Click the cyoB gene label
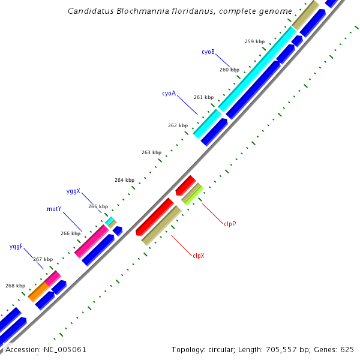coord(208,52)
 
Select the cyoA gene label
coord(169,94)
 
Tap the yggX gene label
coord(73,191)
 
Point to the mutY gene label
coord(54,209)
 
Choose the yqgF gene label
coord(16,247)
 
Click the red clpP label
coord(230,224)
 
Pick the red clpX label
coord(199,256)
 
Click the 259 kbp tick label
coord(254,42)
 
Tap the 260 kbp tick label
coord(229,70)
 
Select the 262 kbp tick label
coord(178,125)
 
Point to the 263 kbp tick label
coord(151,153)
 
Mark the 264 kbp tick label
coord(124,180)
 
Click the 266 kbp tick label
coord(70,233)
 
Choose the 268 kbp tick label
coord(15,286)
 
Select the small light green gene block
coord(193,195)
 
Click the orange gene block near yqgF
coord(39,292)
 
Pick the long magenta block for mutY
coord(91,242)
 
